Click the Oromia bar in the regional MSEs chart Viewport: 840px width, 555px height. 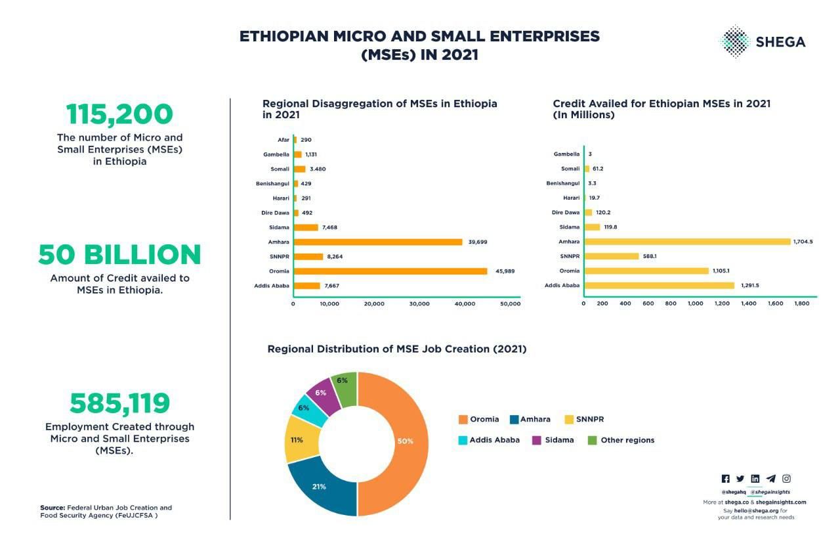390,271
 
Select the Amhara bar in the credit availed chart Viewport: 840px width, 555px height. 687,242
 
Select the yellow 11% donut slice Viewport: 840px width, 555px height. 299,439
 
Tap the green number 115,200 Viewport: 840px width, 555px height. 119,114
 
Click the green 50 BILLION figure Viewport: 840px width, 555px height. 119,255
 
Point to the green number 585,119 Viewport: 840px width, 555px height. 119,403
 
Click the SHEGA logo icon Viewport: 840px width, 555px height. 734,41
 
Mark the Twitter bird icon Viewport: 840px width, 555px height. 740,479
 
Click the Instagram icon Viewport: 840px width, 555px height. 786,479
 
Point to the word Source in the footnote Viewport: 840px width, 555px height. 52,508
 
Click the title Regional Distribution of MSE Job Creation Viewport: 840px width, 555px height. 396,349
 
